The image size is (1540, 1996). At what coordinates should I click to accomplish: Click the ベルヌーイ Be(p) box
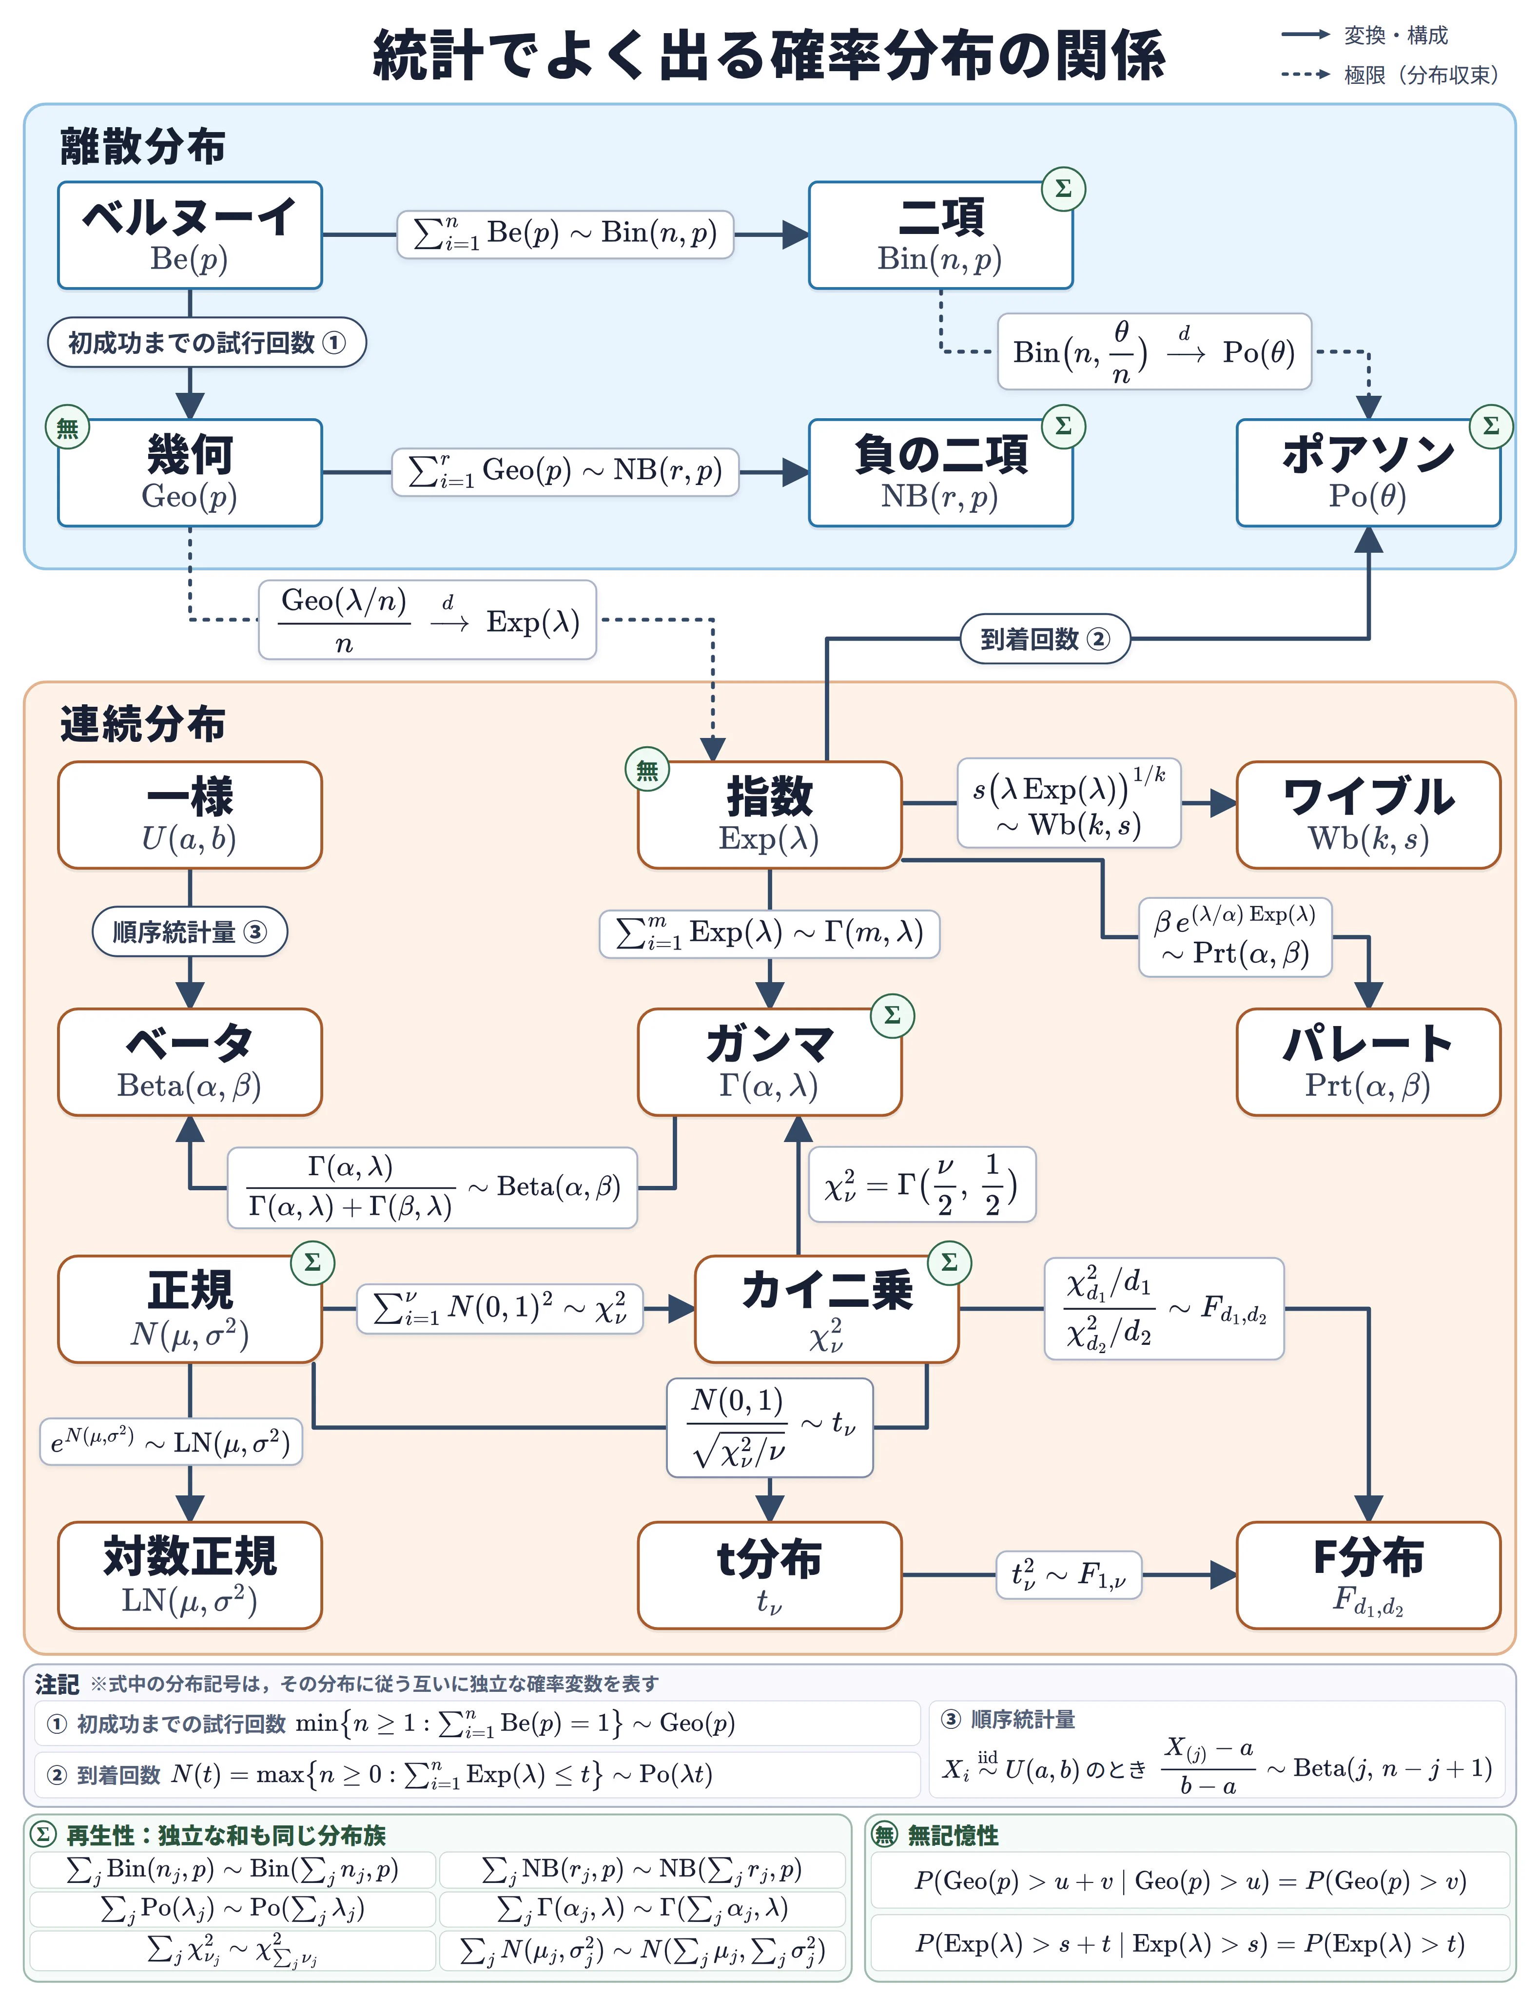pyautogui.click(x=190, y=235)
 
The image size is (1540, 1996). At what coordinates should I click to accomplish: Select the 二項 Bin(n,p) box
pyautogui.click(x=940, y=235)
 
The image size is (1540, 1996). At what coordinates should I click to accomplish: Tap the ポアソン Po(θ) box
pyautogui.click(x=1368, y=472)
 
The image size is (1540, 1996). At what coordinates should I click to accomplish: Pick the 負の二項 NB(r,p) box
pyautogui.click(x=940, y=472)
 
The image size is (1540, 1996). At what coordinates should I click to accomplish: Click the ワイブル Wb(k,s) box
pyautogui.click(x=1368, y=814)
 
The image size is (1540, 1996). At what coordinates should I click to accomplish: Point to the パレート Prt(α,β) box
pyautogui.click(x=1368, y=1062)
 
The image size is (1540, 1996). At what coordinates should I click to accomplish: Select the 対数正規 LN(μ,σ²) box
pyautogui.click(x=190, y=1575)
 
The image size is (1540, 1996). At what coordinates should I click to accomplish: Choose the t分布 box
pyautogui.click(x=770, y=1575)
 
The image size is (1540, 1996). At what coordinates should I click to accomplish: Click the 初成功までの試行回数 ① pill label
pyautogui.click(x=207, y=343)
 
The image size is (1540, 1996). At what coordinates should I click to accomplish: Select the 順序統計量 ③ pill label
pyautogui.click(x=190, y=932)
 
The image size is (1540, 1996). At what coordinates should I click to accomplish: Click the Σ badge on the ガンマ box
pyautogui.click(x=893, y=1015)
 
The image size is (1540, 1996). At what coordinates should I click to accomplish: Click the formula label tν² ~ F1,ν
pyautogui.click(x=1069, y=1575)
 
